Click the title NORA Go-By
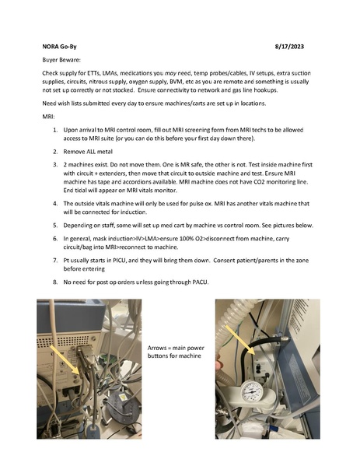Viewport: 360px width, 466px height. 59,47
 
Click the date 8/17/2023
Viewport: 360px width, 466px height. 289,47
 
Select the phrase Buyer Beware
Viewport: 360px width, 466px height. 61,60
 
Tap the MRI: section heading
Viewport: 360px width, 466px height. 48,117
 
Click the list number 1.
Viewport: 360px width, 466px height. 55,130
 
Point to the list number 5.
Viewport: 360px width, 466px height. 55,226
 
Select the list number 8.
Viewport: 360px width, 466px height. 55,282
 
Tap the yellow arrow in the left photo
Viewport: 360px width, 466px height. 65,359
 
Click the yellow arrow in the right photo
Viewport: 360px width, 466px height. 240,339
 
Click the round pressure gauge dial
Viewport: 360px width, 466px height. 252,392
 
